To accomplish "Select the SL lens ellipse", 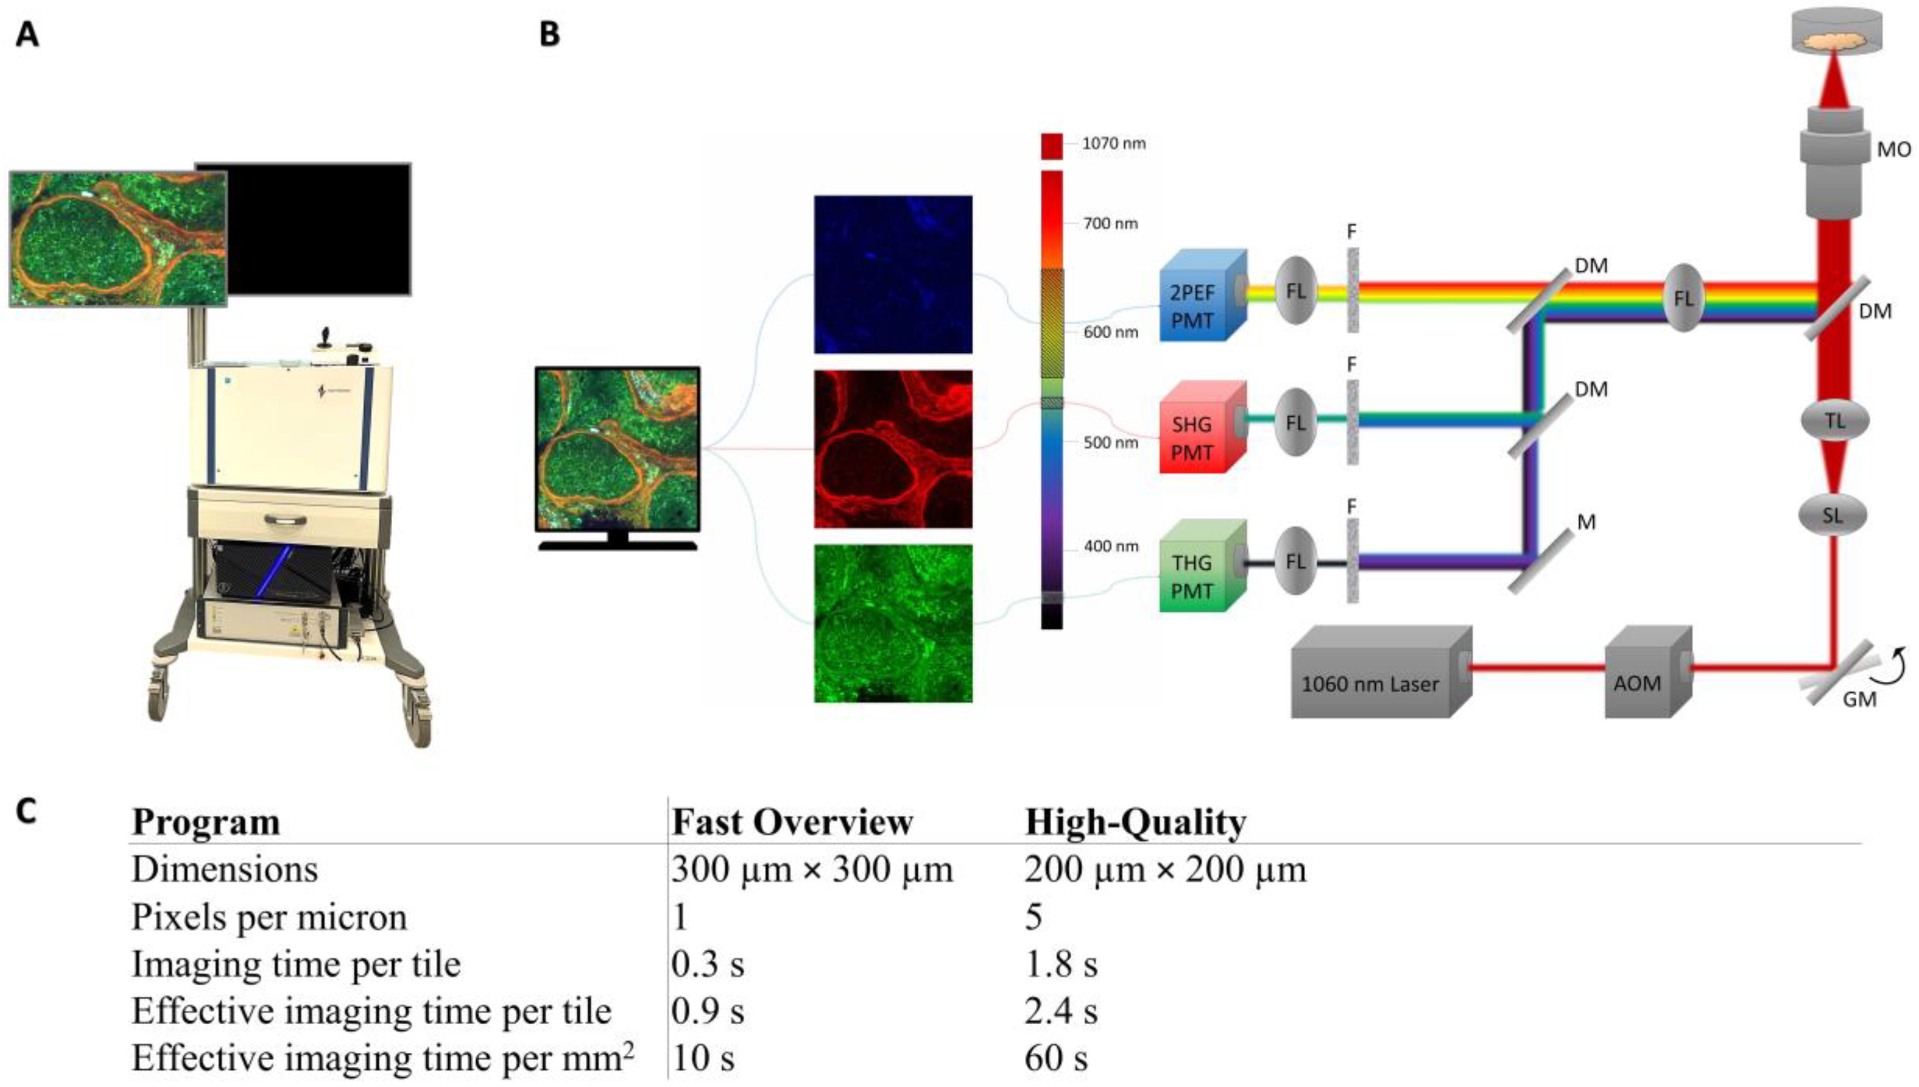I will tap(1832, 515).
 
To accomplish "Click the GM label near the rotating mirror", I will tap(1858, 699).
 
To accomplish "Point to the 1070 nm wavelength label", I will tap(1114, 143).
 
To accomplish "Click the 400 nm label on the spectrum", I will tap(1111, 546).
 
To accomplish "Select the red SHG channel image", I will tap(893, 449).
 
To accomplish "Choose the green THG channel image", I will tap(893, 623).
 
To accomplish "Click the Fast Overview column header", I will tap(792, 822).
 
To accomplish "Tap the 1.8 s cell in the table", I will tap(1060, 964).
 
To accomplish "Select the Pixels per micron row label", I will tap(269, 917).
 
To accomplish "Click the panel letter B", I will tap(549, 34).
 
